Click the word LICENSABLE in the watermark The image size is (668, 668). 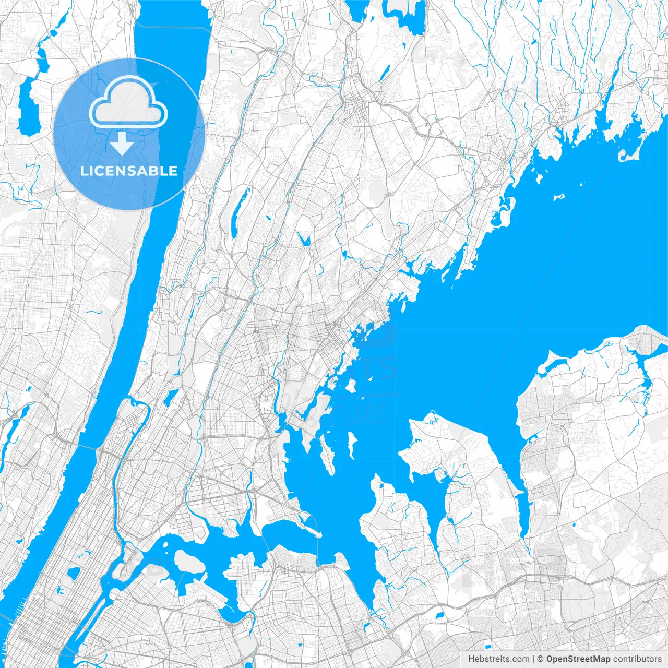(129, 171)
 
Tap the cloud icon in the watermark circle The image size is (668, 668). (128, 102)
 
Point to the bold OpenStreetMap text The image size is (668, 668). (578, 659)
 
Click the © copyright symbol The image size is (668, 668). (541, 659)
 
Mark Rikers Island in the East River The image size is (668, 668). (189, 562)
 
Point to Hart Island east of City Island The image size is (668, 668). (352, 444)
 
